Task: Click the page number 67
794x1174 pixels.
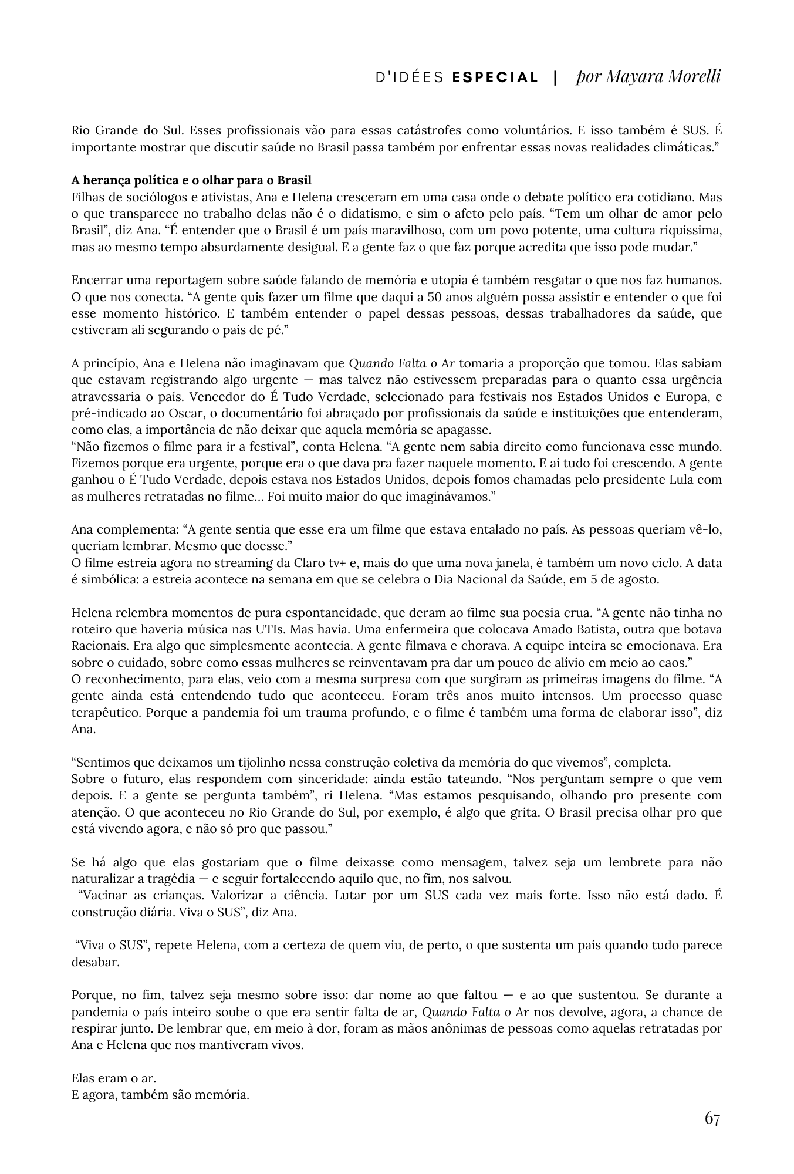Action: (x=712, y=1118)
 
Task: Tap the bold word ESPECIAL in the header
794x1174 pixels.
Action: (x=495, y=77)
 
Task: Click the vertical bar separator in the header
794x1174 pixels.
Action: (x=555, y=77)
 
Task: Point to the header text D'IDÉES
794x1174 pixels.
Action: (x=410, y=77)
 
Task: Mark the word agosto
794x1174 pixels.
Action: (x=640, y=579)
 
